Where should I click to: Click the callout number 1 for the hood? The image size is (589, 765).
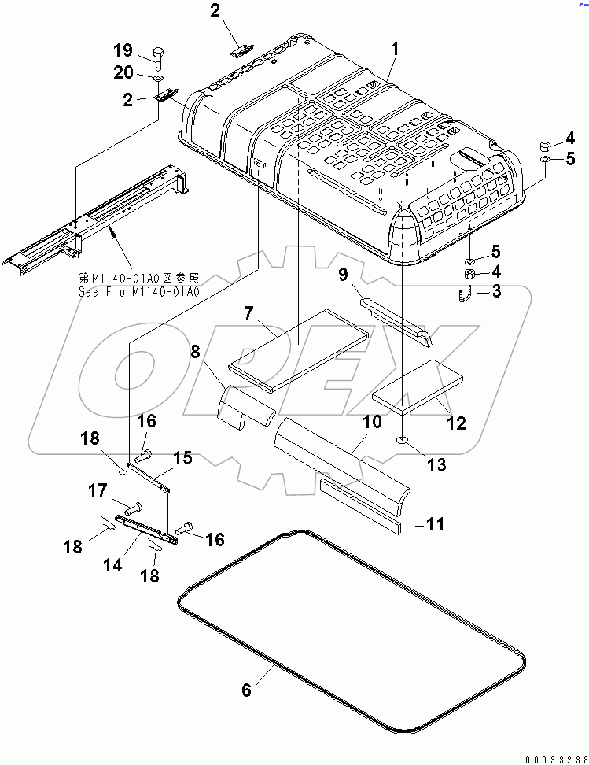click(x=395, y=50)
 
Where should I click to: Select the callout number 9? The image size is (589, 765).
click(x=344, y=275)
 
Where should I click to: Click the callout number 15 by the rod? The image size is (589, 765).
click(x=182, y=456)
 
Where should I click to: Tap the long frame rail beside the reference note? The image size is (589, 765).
click(x=94, y=220)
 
